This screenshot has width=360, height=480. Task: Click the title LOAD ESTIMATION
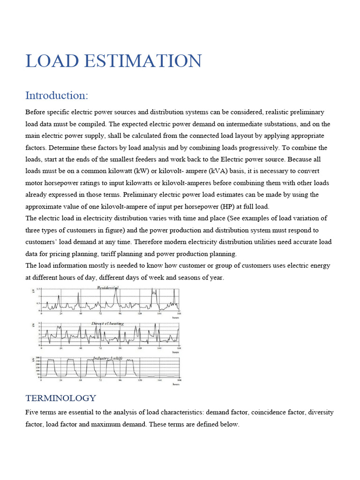(113, 61)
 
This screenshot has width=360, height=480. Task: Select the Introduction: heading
(56, 96)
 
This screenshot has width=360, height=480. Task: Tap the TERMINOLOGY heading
(60, 398)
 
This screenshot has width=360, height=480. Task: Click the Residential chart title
(107, 287)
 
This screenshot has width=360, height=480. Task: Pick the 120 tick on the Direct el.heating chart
(140, 348)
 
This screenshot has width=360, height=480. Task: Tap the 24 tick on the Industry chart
(61, 381)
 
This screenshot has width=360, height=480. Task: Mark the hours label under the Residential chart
(175, 317)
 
